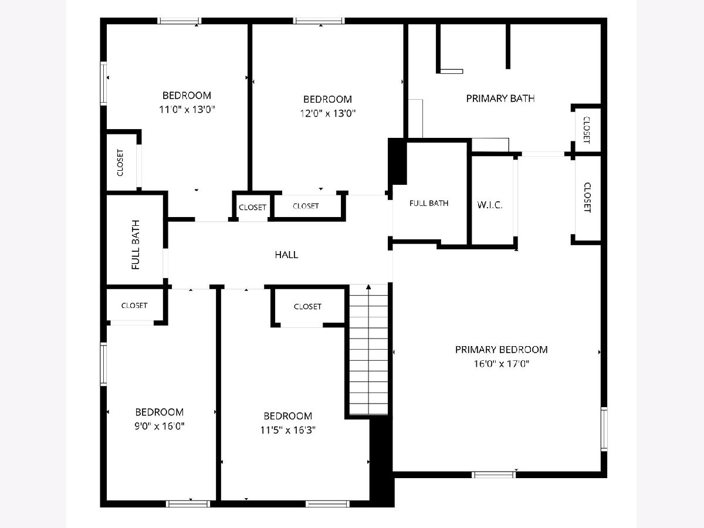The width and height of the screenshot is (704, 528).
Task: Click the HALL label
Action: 286,255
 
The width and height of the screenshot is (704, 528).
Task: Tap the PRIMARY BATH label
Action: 500,99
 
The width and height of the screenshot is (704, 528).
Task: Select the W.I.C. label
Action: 490,205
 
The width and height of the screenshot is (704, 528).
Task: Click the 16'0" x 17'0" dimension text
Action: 501,364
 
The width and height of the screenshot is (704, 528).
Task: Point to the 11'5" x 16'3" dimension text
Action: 287,430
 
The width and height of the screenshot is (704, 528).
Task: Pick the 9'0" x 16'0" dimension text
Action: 160,426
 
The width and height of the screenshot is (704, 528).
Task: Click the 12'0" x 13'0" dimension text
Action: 328,113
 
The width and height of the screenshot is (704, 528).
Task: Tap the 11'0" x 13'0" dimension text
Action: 187,109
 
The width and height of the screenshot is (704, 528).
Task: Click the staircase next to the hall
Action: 368,350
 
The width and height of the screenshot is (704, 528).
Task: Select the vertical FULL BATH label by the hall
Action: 136,245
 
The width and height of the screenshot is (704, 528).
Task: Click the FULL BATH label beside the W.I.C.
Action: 429,203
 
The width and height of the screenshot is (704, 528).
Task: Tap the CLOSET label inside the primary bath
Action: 586,130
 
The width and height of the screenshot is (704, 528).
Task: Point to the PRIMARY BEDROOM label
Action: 501,350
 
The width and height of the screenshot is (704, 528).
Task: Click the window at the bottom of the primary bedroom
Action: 494,475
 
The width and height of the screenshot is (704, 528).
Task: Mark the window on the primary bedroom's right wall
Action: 604,429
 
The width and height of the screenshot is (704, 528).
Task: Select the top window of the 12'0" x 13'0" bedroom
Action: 319,21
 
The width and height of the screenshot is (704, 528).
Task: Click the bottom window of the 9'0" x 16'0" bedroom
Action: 188,504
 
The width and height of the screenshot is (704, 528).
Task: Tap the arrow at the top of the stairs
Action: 368,287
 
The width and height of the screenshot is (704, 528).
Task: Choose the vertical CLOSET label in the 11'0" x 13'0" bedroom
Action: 120,163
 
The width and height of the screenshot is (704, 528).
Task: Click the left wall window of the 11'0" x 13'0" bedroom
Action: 103,83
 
